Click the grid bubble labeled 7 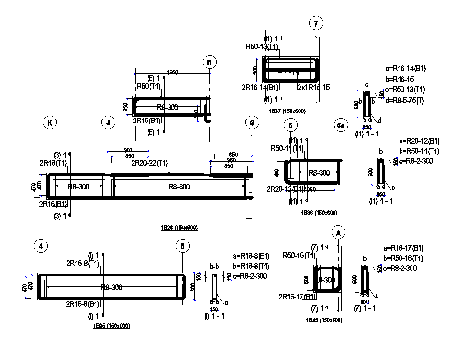pos(316,23)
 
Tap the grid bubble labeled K pos(50,123)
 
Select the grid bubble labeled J pos(108,123)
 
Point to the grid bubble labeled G pos(252,123)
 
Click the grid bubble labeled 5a pos(341,125)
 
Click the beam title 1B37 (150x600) pos(286,111)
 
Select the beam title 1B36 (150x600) pos(319,213)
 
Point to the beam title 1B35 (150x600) pos(111,326)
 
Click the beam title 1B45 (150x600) pos(324,320)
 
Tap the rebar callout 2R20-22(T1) pos(150,163)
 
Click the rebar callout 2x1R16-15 pos(313,87)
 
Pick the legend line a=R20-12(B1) pos(411,141)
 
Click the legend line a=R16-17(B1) pos(403,248)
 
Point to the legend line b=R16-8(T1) pos(252,266)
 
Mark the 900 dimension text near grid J pos(128,150)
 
